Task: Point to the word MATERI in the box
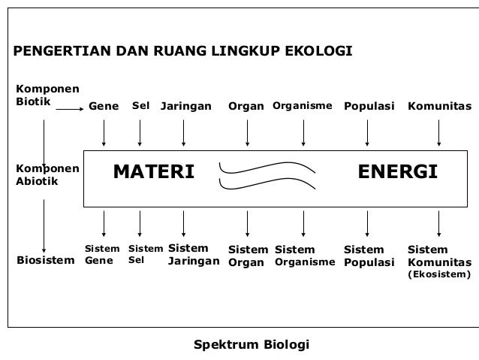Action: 153,173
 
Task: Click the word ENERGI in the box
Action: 397,173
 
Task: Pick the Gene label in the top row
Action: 104,107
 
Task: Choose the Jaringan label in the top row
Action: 186,107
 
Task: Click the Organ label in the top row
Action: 246,107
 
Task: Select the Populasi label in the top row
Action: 369,107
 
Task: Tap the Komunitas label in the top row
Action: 440,107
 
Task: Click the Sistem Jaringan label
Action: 193,255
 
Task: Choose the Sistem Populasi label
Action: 369,256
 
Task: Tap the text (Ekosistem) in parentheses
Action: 439,275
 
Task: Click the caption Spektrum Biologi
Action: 251,345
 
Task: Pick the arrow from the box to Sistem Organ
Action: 248,222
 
